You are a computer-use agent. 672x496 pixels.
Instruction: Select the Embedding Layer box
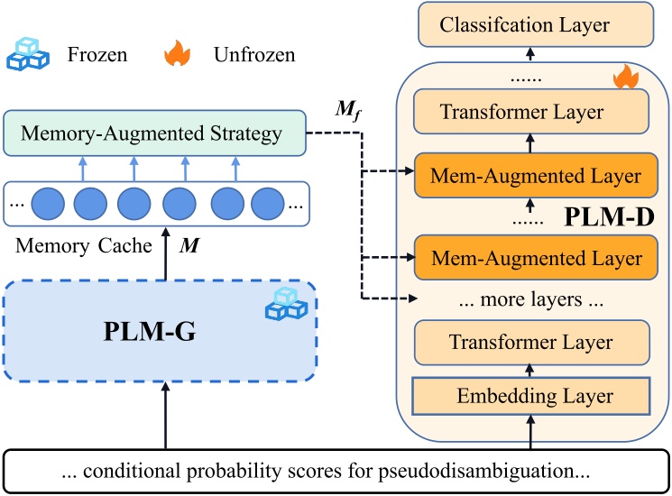tap(530, 395)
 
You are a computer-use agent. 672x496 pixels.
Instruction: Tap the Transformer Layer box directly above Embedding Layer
tap(530, 343)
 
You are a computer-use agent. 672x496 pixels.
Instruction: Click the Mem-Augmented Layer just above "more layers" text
tap(530, 258)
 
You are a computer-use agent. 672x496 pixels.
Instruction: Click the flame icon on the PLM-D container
tap(624, 78)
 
